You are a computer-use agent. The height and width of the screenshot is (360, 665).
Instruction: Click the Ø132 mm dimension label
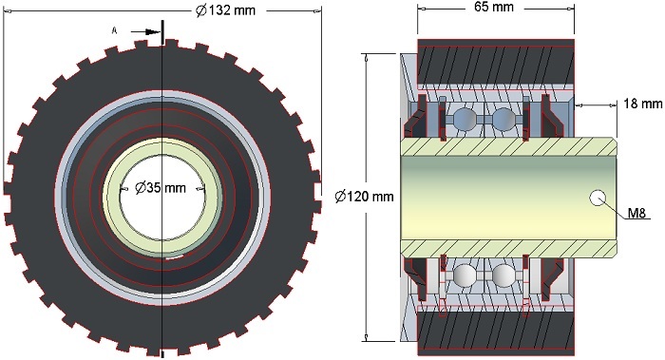(226, 10)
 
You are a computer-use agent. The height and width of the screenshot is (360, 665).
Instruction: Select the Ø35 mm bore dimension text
(161, 187)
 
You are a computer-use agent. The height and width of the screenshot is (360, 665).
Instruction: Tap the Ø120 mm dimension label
(364, 197)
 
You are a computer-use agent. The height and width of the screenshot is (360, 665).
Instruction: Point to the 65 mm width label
(494, 7)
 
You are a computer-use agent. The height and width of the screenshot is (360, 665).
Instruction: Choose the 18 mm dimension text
(643, 103)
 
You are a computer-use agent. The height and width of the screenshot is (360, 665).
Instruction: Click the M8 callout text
(636, 213)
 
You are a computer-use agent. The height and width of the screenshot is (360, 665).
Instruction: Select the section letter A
(114, 30)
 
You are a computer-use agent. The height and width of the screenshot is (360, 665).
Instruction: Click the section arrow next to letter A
(145, 31)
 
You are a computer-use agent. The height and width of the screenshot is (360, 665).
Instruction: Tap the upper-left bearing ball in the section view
(464, 118)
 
